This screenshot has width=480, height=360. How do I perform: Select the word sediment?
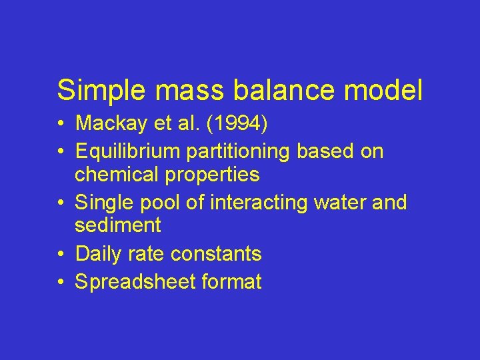coord(118,225)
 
